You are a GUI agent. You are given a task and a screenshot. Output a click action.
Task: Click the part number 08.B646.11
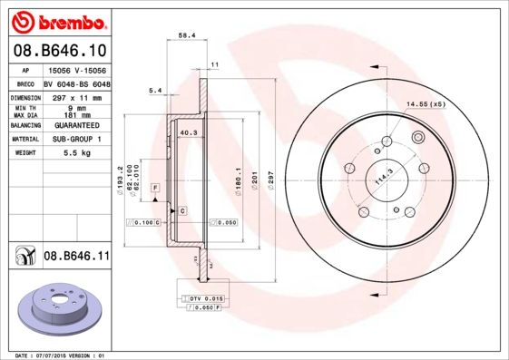[76, 257]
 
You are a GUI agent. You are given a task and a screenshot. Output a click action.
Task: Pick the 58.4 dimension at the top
[186, 35]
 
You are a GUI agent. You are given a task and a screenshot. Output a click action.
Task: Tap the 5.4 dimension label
[154, 90]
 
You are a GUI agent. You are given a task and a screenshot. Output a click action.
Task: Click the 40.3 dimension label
[189, 134]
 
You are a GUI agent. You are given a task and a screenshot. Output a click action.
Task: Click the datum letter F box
[156, 187]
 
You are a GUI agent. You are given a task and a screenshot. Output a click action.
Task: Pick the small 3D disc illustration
[54, 310]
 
